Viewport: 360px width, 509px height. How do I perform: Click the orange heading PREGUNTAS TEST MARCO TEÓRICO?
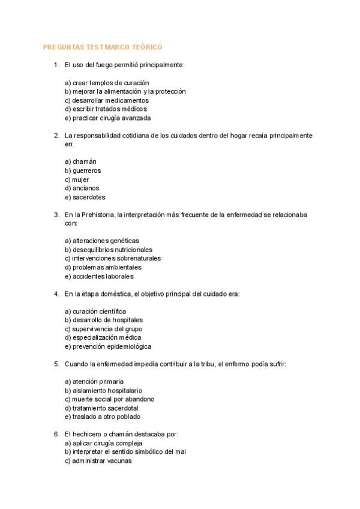tap(103, 47)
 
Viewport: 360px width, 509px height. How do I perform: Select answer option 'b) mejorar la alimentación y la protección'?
tap(125, 91)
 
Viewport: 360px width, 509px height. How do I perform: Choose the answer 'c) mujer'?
tap(77, 179)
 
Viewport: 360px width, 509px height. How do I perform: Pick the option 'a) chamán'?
tap(80, 161)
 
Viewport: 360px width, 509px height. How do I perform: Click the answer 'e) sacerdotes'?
tap(85, 197)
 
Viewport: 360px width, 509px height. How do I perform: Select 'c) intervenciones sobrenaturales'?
tap(112, 259)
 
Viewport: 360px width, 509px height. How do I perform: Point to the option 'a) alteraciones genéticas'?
tap(101, 241)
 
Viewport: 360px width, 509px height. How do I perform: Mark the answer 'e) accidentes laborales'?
tap(99, 277)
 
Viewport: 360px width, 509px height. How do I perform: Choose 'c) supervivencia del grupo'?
tap(103, 329)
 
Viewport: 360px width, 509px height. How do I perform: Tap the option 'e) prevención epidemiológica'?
tap(108, 347)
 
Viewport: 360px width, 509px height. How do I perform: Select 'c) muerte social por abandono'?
tap(109, 399)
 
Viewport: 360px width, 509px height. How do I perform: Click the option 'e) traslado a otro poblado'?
tap(103, 417)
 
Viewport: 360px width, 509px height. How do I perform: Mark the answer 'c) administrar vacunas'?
tap(98, 461)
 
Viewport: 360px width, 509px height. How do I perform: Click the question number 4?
tap(56, 294)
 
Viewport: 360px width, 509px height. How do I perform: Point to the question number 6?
tap(56, 434)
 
